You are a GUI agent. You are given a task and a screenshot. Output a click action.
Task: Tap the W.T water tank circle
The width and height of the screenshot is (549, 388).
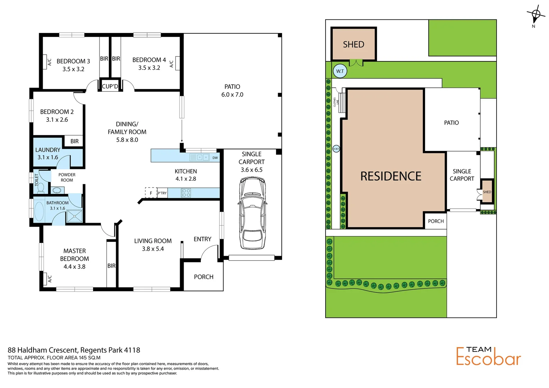point(340,71)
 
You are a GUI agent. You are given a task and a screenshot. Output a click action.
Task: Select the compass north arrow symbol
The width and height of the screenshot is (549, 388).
point(535,15)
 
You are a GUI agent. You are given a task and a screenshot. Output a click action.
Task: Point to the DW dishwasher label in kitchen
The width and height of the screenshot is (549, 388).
point(215,158)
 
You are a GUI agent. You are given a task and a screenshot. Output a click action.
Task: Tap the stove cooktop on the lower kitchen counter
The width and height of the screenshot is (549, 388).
point(186,193)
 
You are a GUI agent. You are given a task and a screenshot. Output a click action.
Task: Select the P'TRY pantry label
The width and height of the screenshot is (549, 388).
point(162,193)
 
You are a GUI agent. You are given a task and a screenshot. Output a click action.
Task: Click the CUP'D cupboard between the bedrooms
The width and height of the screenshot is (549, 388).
point(110,86)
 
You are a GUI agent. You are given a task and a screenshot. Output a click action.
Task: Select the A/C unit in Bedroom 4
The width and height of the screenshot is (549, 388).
point(176,63)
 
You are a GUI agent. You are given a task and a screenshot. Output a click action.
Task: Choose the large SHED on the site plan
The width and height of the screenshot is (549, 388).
point(354,44)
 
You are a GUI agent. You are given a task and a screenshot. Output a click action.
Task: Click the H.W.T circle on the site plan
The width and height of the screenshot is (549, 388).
point(336,149)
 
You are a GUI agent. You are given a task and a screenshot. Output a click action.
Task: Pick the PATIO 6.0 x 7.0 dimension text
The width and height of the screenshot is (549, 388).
point(232,94)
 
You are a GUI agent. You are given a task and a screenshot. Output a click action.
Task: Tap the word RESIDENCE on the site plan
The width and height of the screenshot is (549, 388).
point(391,176)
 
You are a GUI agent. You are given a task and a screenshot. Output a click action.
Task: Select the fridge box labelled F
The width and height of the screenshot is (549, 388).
point(151,193)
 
